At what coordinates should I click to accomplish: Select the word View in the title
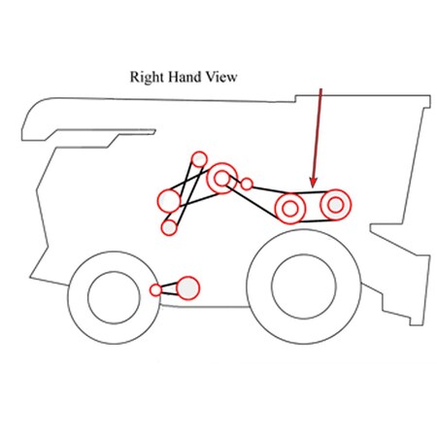(222, 77)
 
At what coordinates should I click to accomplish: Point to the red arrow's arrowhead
(313, 183)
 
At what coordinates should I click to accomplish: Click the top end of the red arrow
(321, 88)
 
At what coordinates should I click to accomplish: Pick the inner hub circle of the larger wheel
(304, 286)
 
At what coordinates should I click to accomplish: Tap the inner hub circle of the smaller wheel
(114, 297)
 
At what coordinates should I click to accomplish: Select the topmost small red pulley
(199, 159)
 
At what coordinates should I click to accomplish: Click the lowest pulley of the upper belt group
(169, 227)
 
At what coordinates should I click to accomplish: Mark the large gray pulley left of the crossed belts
(169, 201)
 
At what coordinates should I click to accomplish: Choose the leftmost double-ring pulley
(221, 179)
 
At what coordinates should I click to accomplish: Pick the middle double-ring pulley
(290, 209)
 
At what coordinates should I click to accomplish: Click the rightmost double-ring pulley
(336, 205)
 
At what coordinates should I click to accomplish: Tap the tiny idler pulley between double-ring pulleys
(247, 184)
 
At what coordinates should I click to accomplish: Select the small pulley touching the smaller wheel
(155, 289)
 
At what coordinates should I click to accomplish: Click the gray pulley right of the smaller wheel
(187, 287)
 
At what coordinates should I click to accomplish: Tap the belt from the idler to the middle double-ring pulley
(269, 190)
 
